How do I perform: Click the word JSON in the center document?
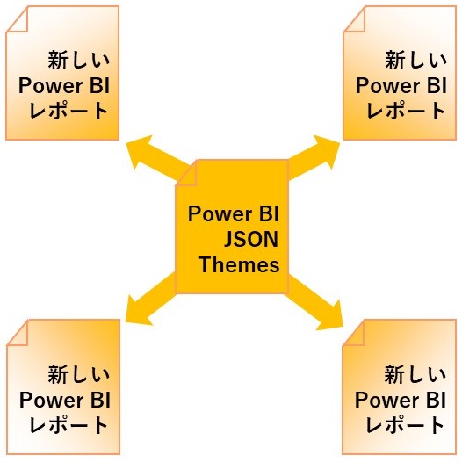251,239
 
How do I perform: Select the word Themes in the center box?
239,264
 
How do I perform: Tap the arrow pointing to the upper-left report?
156,156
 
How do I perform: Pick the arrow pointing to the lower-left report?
151,299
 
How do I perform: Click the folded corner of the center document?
186,173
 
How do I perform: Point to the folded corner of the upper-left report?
17,19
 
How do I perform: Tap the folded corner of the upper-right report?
355,19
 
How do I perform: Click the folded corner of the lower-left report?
18,333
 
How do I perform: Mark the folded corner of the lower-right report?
353,333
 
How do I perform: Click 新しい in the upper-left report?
79,60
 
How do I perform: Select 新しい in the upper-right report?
415,60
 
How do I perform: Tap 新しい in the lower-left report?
79,374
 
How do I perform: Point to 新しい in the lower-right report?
415,374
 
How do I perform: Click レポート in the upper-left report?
69,111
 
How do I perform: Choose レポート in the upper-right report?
406,111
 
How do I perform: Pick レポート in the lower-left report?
69,425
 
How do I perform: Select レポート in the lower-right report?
405,425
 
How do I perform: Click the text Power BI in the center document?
234,214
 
